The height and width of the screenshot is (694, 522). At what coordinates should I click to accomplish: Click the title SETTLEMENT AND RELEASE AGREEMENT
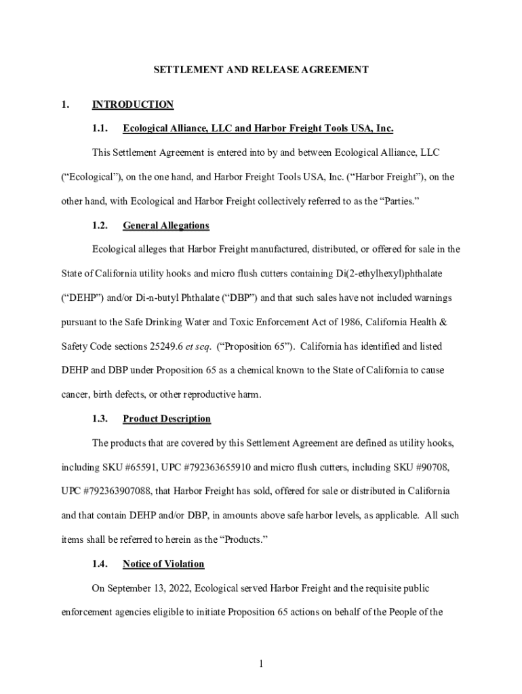pyautogui.click(x=260, y=69)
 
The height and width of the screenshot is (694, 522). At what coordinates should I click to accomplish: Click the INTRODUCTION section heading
pyautogui.click(x=133, y=104)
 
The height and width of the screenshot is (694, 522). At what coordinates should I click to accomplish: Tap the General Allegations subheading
pyautogui.click(x=165, y=226)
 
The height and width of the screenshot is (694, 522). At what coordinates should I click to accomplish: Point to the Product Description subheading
pyautogui.click(x=166, y=419)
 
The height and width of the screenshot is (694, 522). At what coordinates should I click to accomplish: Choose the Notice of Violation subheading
pyautogui.click(x=163, y=564)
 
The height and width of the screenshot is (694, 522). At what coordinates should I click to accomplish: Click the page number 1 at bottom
pyautogui.click(x=260, y=663)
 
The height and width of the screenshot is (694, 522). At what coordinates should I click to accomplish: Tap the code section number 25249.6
pyautogui.click(x=166, y=346)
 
